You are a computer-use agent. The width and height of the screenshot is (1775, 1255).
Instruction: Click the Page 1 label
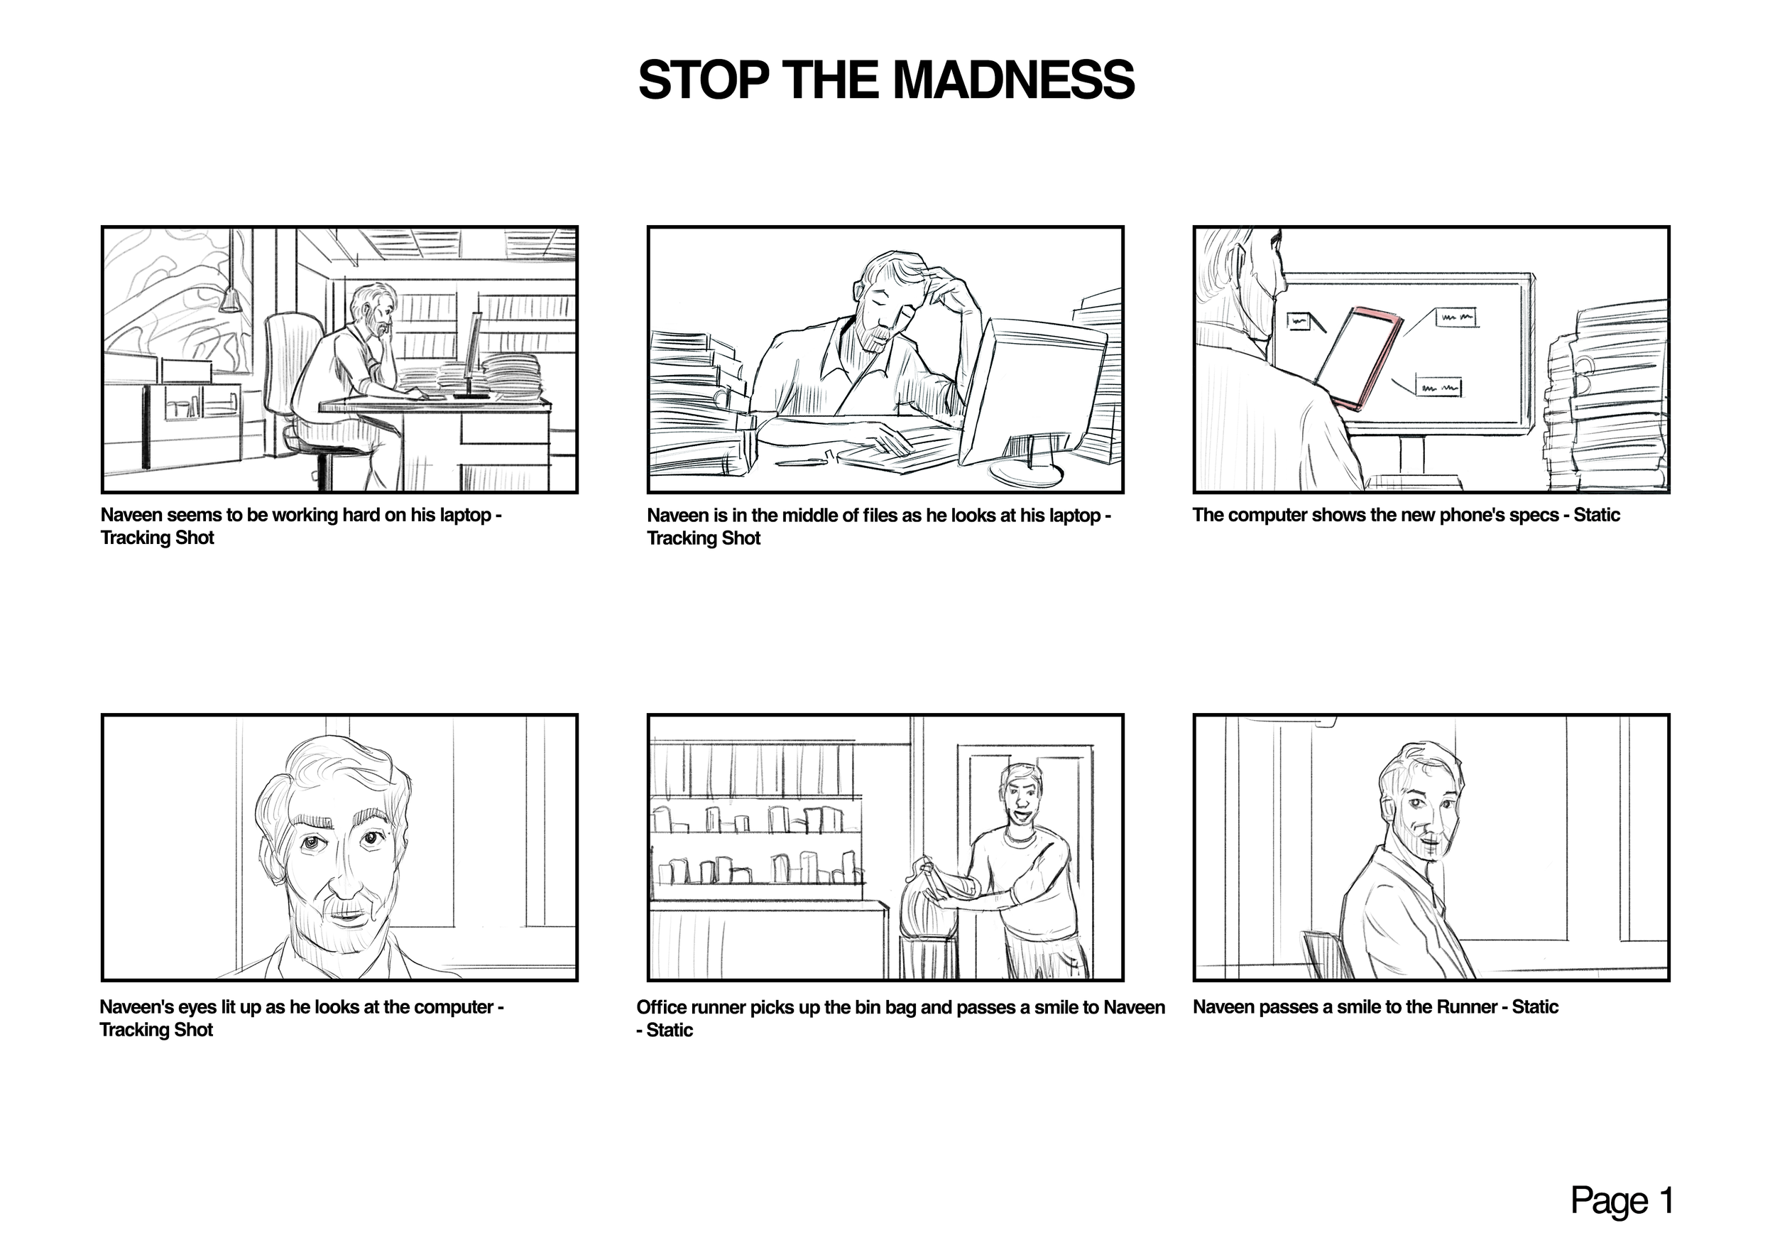pos(1622,1200)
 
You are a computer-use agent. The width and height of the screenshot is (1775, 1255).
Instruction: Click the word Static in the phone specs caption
pos(1596,515)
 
